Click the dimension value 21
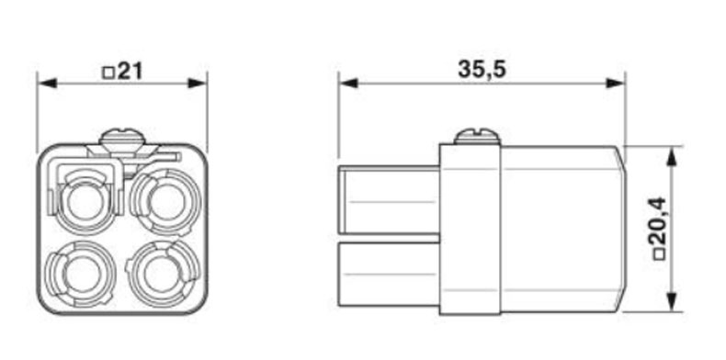point(130,72)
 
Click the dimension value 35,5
point(482,70)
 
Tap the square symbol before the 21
point(108,73)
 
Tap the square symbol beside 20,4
point(658,254)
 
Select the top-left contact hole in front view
point(85,202)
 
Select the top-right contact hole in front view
point(166,202)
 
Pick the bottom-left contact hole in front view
point(83,275)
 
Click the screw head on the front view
point(122,138)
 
